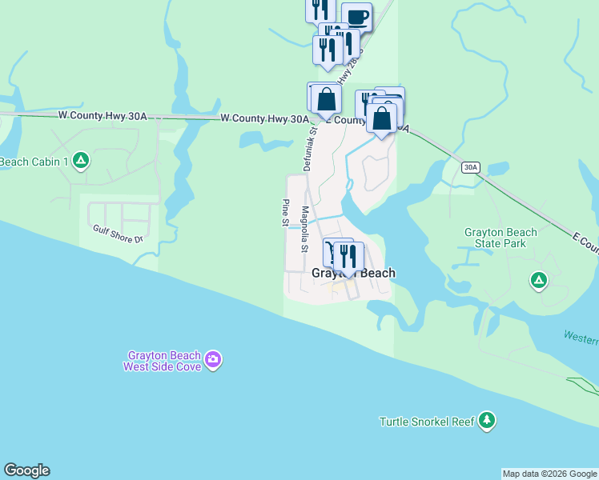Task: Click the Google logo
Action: pyautogui.click(x=26, y=470)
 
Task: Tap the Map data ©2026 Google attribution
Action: pyautogui.click(x=549, y=474)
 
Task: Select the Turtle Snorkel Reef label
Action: pyautogui.click(x=427, y=422)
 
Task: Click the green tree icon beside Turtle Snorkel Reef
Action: pyautogui.click(x=486, y=420)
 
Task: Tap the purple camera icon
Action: pyautogui.click(x=213, y=360)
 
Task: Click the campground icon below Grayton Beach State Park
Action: pyautogui.click(x=538, y=280)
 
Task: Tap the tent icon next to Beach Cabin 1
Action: pyautogui.click(x=80, y=161)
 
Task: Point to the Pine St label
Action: pyautogui.click(x=284, y=214)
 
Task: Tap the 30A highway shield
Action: pyautogui.click(x=471, y=167)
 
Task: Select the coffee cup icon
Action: pyautogui.click(x=356, y=16)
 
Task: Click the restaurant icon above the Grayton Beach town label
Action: pyautogui.click(x=348, y=255)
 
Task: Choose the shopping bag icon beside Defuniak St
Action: pyautogui.click(x=326, y=100)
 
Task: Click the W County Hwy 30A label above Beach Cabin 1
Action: pyautogui.click(x=103, y=116)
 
